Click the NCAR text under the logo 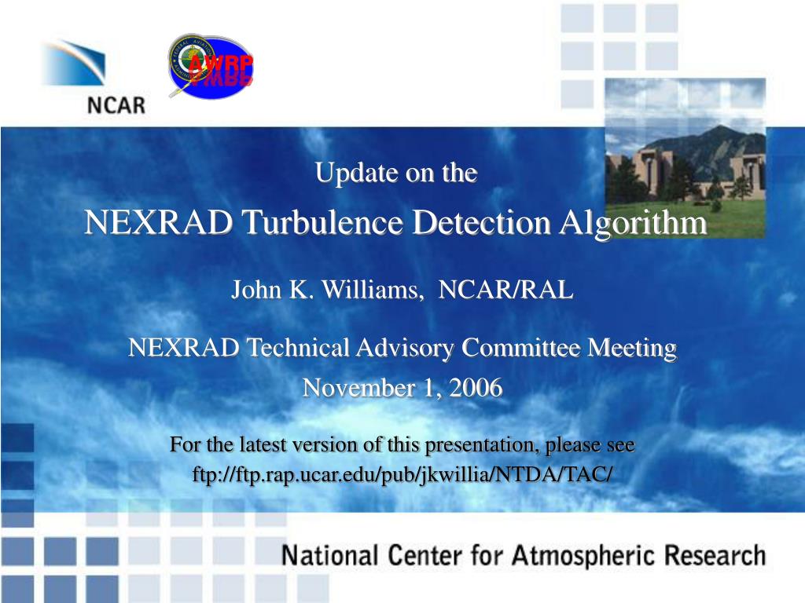coord(116,105)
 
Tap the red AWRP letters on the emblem coord(221,64)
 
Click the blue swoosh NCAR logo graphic coord(74,62)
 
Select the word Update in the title coord(357,172)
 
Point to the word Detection coord(482,222)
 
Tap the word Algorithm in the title coord(633,224)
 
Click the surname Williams coord(371,290)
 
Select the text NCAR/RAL coord(505,290)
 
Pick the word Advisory coord(405,349)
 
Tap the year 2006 coord(476,388)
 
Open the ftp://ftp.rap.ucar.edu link coord(402,474)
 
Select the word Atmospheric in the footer coord(584,555)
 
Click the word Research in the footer coord(715,555)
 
